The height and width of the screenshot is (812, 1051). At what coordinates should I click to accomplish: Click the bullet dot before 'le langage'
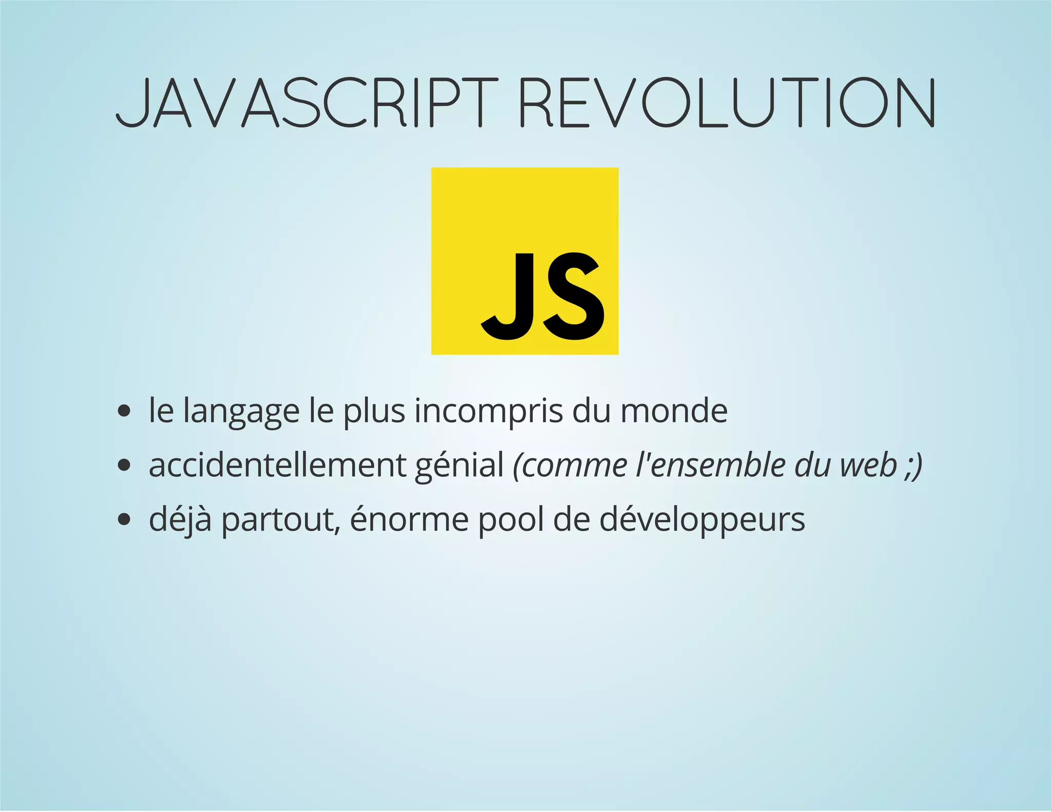124,411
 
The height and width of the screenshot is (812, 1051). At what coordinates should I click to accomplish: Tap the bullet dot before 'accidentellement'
124,466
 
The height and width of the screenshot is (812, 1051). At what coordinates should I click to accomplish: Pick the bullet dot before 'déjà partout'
124,519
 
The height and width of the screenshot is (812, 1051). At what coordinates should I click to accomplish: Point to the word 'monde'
674,411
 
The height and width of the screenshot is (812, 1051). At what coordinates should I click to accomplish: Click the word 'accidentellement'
277,465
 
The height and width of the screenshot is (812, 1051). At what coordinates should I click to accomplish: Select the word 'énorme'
409,519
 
